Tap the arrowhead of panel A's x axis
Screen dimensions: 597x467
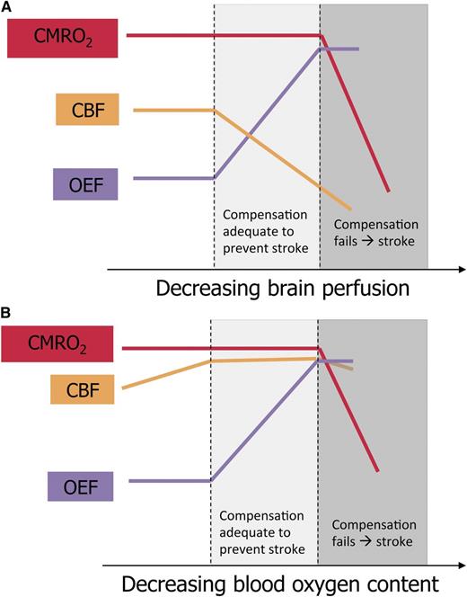pyautogui.click(x=459, y=268)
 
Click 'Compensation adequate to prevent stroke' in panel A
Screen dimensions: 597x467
pyautogui.click(x=266, y=229)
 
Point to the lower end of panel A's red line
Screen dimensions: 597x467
pyautogui.click(x=388, y=191)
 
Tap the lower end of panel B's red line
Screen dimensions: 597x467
pyautogui.click(x=377, y=470)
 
